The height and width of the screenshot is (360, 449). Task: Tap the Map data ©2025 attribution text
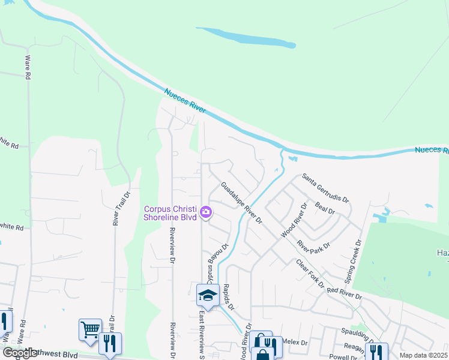(x=424, y=355)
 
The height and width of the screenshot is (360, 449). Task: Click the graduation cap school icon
(x=207, y=295)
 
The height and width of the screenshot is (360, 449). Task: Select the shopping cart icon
(x=89, y=329)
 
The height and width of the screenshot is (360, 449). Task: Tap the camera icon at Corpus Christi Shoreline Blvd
(x=206, y=212)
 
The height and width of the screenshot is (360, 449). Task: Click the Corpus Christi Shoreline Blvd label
(x=170, y=213)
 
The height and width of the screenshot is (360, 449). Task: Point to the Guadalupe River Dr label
(x=243, y=203)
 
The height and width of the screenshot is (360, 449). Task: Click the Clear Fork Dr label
(x=310, y=273)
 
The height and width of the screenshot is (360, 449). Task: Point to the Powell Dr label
(x=343, y=357)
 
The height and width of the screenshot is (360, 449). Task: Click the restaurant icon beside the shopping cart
(x=109, y=343)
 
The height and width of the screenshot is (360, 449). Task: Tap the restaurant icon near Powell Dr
(x=376, y=352)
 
